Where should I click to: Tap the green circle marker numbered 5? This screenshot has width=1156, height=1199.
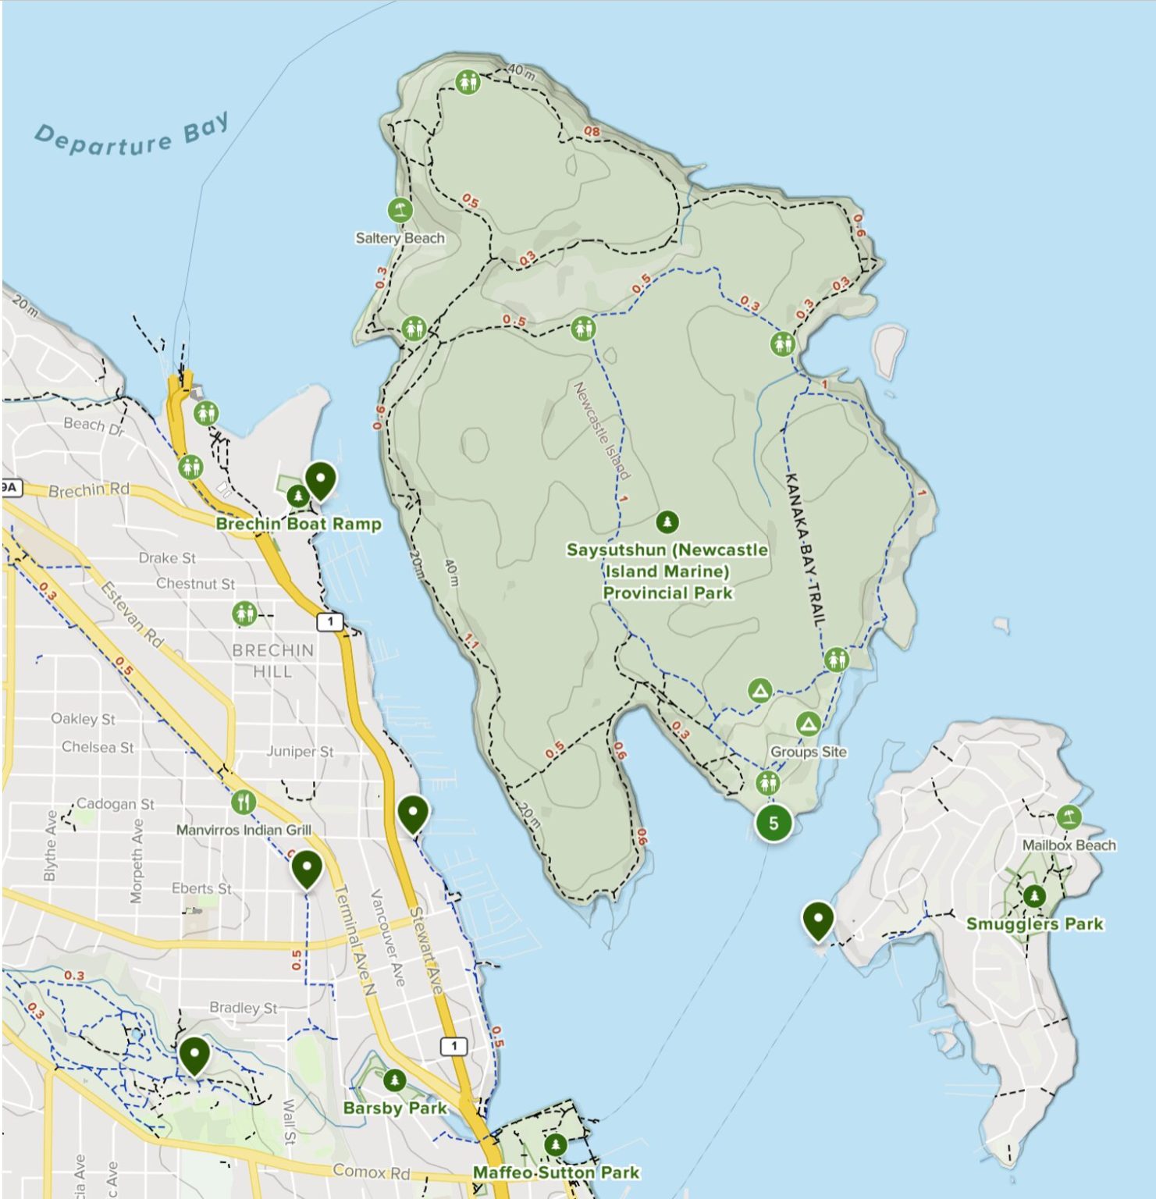[773, 823]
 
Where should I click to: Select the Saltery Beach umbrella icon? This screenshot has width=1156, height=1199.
[400, 210]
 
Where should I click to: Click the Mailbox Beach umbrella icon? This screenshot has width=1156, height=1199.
[1069, 817]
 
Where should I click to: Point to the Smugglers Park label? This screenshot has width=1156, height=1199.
[1034, 924]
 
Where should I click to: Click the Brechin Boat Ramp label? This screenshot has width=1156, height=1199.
[298, 524]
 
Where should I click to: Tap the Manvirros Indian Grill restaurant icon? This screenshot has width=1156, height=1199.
[244, 802]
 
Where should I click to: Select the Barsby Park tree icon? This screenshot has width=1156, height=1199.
[394, 1080]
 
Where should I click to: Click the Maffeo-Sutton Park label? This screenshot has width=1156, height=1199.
[556, 1172]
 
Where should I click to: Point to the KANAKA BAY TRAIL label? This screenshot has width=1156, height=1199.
[805, 550]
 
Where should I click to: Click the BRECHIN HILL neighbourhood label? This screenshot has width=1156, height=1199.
[272, 660]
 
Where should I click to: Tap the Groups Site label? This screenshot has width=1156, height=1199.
[808, 752]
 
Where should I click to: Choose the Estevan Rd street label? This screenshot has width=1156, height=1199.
[132, 615]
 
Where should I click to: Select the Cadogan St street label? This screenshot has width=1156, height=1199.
[115, 803]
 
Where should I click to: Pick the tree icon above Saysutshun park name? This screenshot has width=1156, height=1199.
[667, 521]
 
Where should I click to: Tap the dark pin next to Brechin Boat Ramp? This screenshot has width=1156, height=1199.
[320, 479]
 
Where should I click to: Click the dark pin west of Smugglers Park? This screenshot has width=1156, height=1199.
[817, 920]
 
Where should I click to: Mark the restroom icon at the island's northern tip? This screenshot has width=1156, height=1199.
[468, 81]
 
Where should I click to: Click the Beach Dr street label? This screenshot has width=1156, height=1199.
[94, 425]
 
